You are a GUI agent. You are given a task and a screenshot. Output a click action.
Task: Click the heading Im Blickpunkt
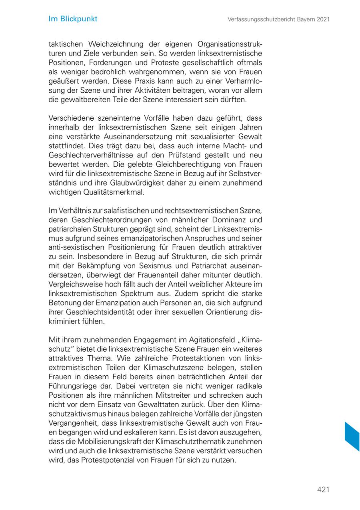coord(73,19)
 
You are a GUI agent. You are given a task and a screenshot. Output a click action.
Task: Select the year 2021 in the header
coord(322,19)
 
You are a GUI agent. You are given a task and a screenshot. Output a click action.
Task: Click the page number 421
coord(323,490)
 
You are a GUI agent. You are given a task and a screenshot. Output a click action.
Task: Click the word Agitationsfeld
coord(203,340)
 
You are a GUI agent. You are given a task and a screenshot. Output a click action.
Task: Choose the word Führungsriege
coord(72,386)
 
